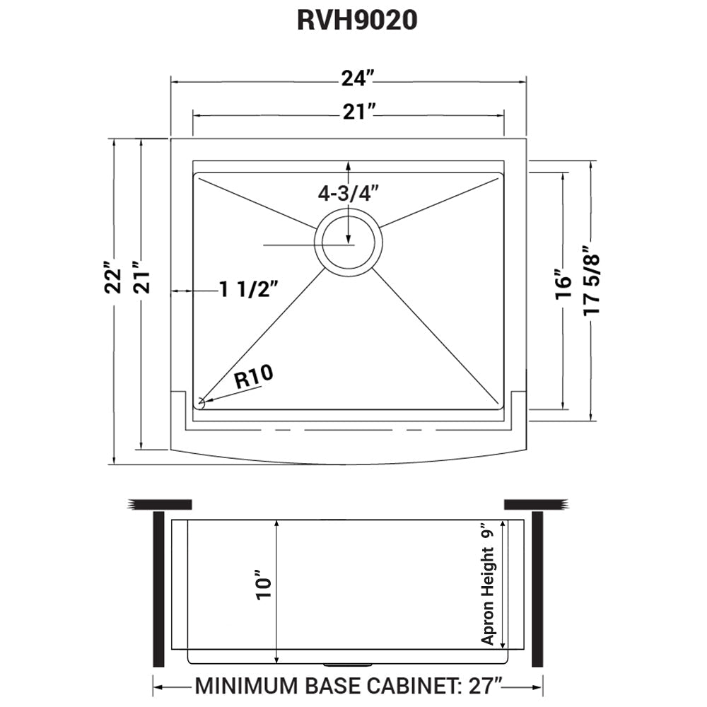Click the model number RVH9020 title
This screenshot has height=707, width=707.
tap(357, 21)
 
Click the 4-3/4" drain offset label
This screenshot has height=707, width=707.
tap(349, 192)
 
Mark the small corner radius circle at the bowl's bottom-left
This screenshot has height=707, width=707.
tap(201, 403)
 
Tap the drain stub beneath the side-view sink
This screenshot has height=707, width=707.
tap(347, 665)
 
